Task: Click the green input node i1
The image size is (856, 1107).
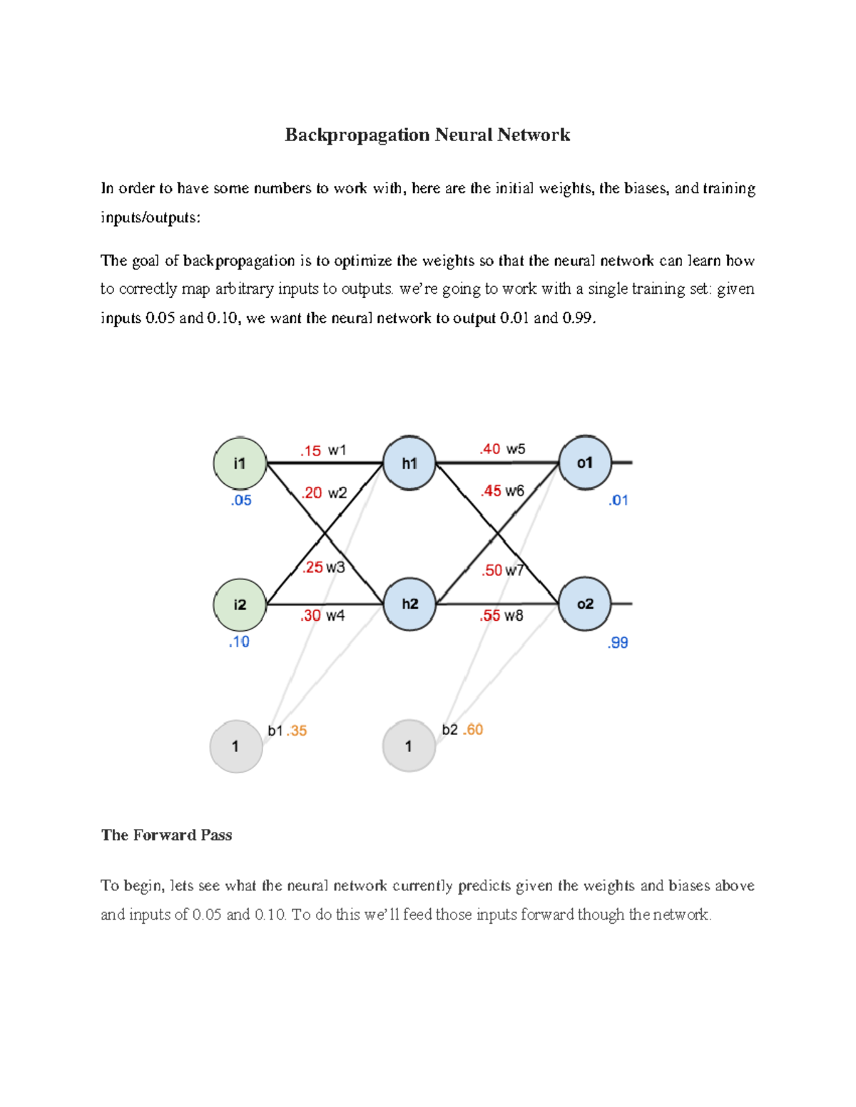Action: [240, 463]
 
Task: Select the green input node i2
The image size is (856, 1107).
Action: [240, 604]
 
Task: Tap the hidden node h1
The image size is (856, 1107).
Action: [409, 463]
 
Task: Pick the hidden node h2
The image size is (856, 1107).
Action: [409, 604]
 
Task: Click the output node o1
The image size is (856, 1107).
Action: [585, 463]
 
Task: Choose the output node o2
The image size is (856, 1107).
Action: [585, 604]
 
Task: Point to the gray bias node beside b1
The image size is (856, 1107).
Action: [235, 746]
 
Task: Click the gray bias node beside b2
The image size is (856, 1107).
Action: [409, 746]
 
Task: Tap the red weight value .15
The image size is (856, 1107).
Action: [311, 451]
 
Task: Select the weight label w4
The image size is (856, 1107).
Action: [335, 615]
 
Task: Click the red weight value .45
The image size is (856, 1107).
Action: [491, 491]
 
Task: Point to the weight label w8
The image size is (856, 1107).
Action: [514, 616]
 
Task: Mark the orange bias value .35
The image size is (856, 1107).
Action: [297, 731]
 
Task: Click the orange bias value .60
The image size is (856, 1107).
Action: [473, 730]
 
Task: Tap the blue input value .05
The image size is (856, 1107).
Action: [241, 500]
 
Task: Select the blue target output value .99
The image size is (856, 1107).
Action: [618, 643]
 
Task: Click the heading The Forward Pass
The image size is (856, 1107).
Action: [166, 835]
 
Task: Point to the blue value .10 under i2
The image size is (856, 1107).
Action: [239, 642]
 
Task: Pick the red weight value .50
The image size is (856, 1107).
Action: [492, 570]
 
